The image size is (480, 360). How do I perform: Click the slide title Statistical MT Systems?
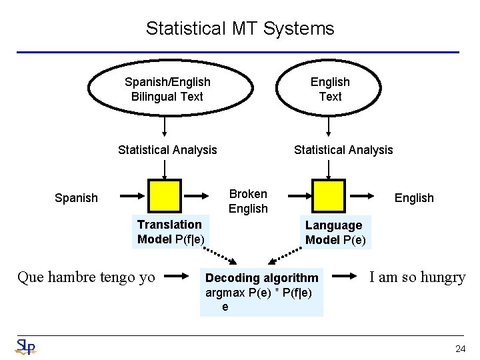click(240, 29)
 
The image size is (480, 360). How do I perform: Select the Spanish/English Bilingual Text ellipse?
click(167, 89)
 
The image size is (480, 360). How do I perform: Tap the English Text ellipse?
click(330, 89)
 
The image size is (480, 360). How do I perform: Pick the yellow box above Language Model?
click(329, 195)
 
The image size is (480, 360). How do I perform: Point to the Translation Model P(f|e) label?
click(171, 232)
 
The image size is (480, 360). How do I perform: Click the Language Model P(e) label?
click(335, 233)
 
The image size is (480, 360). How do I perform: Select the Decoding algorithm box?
click(261, 292)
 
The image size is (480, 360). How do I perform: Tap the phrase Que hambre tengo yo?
click(86, 277)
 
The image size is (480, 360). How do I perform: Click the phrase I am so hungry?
click(417, 277)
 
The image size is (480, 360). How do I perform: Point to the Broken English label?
click(248, 201)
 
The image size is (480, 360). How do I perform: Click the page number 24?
click(460, 349)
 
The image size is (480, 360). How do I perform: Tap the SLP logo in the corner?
click(25, 347)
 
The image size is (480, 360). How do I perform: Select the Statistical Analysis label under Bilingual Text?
click(167, 150)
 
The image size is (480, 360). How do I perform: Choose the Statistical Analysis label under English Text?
click(343, 150)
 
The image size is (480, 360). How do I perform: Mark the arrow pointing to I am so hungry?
click(345, 275)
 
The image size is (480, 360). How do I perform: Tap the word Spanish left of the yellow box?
click(76, 198)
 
